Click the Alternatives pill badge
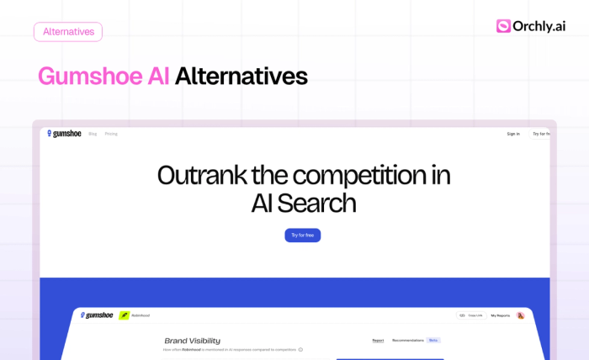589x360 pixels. pos(68,32)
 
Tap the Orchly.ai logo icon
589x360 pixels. pos(503,26)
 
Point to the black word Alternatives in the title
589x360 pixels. pos(241,77)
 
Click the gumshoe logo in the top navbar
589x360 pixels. pos(64,134)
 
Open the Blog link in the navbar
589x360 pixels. pos(93,134)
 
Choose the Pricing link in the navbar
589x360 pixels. pos(111,134)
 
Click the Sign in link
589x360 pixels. pos(513,134)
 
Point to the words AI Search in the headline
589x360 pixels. pos(303,203)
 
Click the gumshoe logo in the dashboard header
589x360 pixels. pos(97,315)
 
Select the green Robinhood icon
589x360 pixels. pos(125,315)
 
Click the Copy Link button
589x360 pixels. pos(471,315)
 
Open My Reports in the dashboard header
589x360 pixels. pos(501,315)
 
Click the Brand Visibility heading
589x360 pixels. pos(192,341)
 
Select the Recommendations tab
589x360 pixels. pos(408,341)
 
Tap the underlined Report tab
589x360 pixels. pos(378,341)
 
